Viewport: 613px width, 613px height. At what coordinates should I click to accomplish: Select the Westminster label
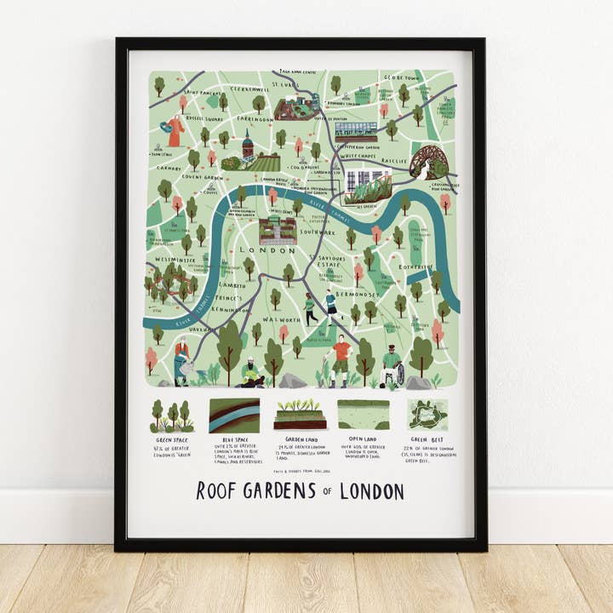(175, 260)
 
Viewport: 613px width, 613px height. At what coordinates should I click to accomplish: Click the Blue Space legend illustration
(234, 415)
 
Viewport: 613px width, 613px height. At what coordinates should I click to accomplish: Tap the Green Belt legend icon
(427, 415)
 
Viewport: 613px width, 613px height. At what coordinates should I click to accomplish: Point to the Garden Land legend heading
(298, 440)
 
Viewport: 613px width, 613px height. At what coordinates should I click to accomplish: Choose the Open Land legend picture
(364, 415)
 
